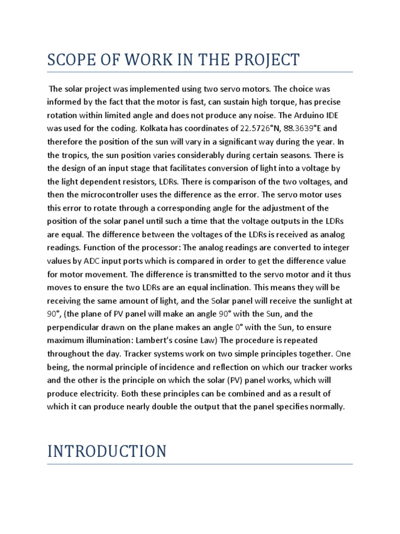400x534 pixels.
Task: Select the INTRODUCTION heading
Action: coord(107,451)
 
